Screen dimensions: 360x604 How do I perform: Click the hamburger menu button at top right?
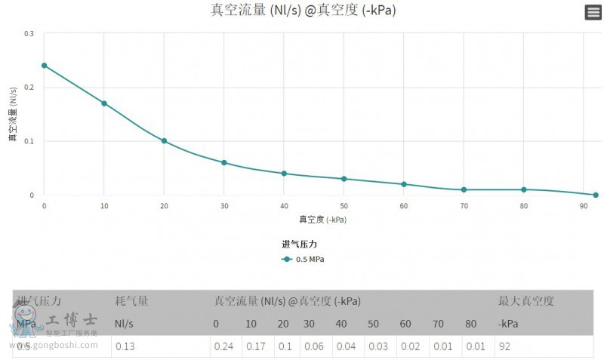click(593, 12)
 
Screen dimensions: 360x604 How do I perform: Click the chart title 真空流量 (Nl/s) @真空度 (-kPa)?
click(303, 10)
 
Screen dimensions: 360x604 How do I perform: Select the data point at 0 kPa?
click(44, 66)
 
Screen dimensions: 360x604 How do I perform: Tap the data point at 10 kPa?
click(104, 103)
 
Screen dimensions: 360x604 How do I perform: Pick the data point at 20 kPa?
click(164, 141)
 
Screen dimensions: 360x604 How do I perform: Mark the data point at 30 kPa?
click(224, 162)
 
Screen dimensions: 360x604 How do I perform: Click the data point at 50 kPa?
click(344, 179)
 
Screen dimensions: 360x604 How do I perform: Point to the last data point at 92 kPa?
click(596, 195)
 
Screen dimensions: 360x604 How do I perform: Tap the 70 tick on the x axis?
click(464, 206)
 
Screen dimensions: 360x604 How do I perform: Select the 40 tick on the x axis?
click(284, 206)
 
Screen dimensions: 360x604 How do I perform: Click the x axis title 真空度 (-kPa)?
click(322, 220)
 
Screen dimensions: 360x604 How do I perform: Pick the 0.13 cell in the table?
click(125, 346)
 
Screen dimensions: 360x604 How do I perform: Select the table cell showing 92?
click(506, 346)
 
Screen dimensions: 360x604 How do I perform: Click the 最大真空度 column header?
click(526, 301)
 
